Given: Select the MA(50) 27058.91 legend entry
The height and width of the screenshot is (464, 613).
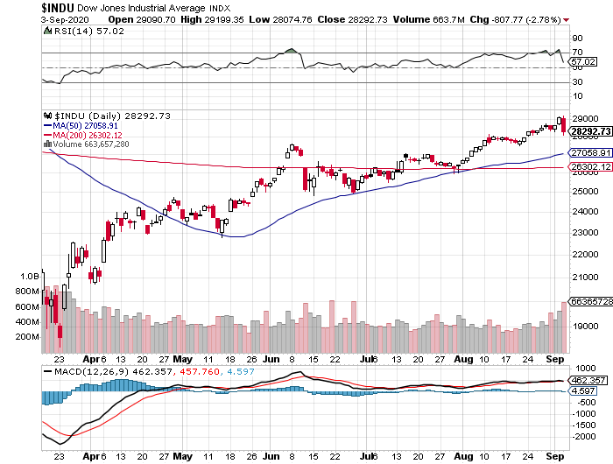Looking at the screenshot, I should [x=84, y=125].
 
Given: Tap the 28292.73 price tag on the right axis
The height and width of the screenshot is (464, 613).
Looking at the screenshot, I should [x=589, y=131].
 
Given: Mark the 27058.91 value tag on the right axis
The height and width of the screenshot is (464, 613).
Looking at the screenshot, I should [x=589, y=152].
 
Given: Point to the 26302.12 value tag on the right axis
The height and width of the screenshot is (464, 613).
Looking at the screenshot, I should [x=589, y=166].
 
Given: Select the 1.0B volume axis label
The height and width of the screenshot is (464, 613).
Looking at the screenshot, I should [x=29, y=274].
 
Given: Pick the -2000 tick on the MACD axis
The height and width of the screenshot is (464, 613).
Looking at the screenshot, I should [x=584, y=436].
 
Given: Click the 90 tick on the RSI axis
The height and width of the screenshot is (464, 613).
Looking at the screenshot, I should [x=577, y=39].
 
